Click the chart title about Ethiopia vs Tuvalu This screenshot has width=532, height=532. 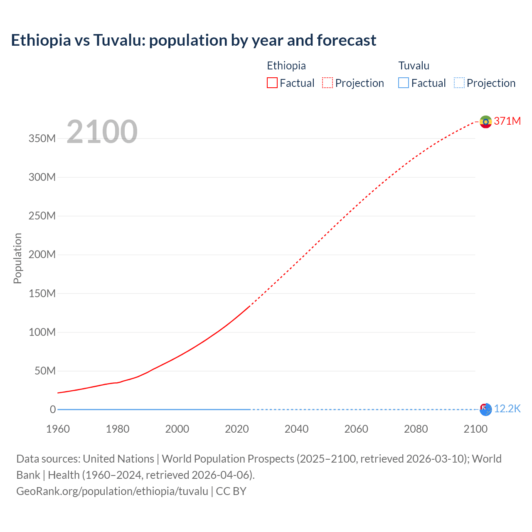(193, 40)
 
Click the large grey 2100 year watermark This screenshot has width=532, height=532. (102, 132)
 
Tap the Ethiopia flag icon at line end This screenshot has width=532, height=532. (485, 122)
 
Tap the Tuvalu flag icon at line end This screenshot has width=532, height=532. (485, 409)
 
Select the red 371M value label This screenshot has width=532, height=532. (507, 121)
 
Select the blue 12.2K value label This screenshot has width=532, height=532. (507, 409)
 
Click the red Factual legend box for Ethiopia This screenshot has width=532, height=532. (272, 83)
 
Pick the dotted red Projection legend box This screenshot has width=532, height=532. (328, 83)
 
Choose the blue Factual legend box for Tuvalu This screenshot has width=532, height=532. (404, 83)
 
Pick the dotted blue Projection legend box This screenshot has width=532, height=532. (459, 83)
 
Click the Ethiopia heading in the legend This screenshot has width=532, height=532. (286, 66)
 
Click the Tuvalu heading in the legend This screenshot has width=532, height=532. (414, 66)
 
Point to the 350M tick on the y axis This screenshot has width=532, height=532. (42, 139)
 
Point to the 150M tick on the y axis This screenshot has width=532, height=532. (42, 293)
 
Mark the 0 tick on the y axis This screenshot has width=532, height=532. (52, 409)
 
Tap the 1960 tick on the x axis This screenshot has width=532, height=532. (58, 429)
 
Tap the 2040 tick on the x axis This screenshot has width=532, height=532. (296, 429)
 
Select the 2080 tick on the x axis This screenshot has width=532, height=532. (416, 429)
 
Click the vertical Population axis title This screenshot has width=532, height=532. (17, 258)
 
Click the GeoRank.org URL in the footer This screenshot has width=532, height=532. (112, 491)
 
